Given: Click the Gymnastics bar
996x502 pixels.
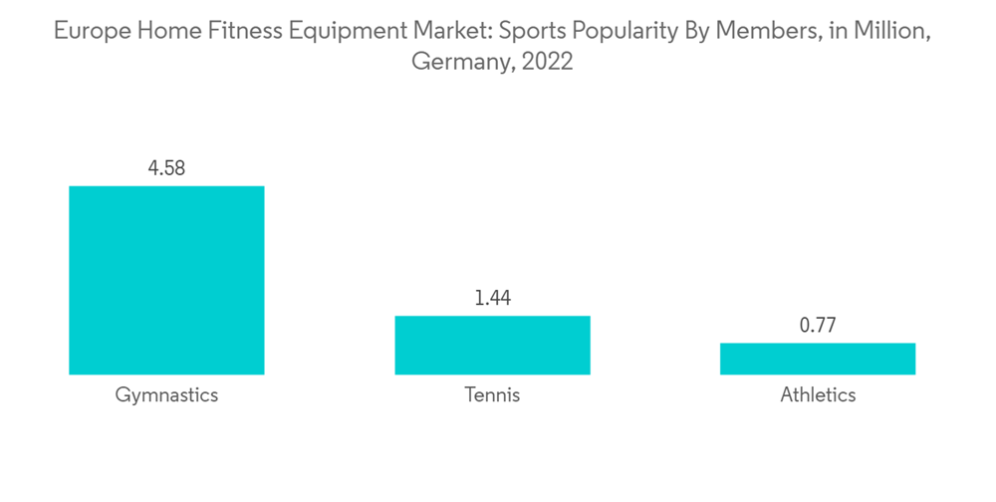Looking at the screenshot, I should tap(166, 280).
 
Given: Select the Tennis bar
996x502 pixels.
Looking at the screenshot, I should tap(492, 345).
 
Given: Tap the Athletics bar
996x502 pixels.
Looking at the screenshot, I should tap(818, 359).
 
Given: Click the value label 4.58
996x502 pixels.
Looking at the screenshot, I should tap(166, 167).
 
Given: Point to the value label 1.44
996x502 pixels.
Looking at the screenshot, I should tap(492, 298).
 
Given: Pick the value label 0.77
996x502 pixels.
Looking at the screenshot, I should tap(818, 324).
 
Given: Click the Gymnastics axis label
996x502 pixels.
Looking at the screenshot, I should tap(166, 395).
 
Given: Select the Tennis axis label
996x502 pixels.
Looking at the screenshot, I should tap(492, 395).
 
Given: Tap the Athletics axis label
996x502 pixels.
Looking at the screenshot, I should tap(818, 395).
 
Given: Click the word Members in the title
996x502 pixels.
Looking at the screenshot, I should tap(755, 31).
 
